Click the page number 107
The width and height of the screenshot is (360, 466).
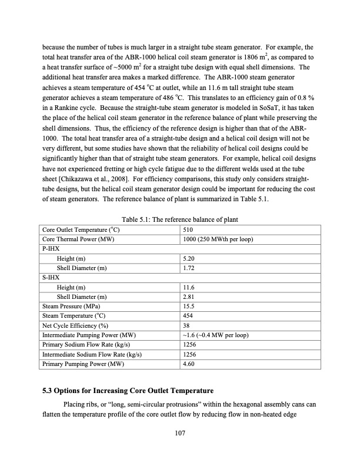[180, 434]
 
